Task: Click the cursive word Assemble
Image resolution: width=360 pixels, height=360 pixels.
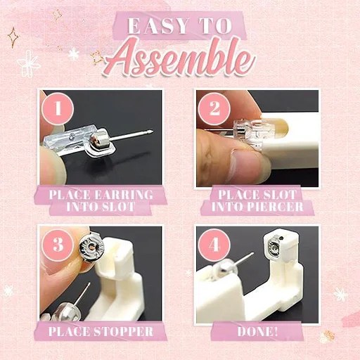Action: coord(179,62)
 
